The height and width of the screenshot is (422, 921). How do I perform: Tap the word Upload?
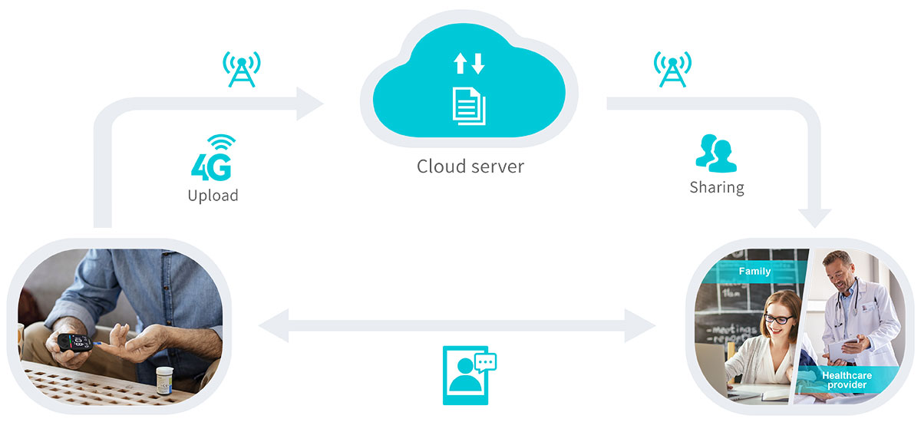[x=213, y=196]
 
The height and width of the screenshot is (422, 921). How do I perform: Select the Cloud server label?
[x=470, y=166]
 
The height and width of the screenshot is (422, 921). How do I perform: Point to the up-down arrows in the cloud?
[x=469, y=64]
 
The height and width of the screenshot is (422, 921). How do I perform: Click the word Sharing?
[x=716, y=187]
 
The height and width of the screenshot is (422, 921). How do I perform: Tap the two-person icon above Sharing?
[x=715, y=153]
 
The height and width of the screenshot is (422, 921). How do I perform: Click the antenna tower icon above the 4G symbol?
[x=241, y=69]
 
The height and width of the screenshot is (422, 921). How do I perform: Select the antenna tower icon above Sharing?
[x=672, y=69]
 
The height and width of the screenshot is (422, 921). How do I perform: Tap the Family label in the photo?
[x=754, y=272]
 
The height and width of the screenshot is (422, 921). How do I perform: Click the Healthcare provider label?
[x=846, y=380]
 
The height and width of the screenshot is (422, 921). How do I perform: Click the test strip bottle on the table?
[x=165, y=380]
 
